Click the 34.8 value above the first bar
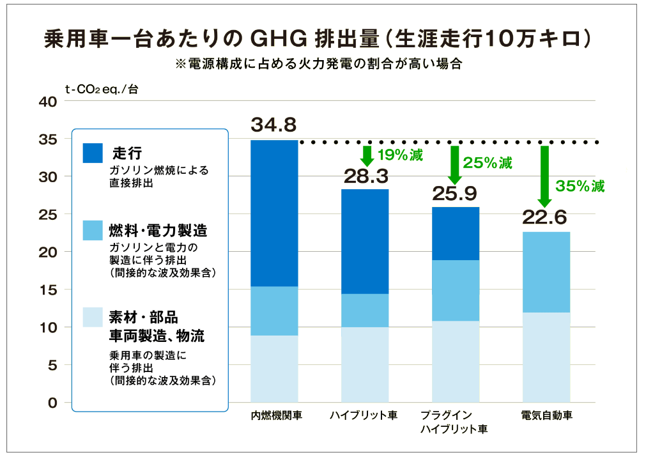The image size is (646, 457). click(273, 124)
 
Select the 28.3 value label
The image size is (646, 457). click(364, 175)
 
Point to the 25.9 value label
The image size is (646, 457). click(455, 193)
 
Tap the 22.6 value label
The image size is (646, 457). click(545, 217)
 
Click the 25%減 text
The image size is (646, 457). click(488, 163)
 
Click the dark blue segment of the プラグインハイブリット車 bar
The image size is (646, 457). click(455, 233)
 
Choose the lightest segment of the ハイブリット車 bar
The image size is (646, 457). click(364, 364)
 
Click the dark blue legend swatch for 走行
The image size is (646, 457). click(93, 153)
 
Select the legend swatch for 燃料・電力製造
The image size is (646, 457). click(93, 230)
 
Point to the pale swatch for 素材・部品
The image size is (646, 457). click(93, 317)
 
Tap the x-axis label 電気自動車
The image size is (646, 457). click(546, 415)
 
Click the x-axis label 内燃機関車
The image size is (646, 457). click(275, 415)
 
